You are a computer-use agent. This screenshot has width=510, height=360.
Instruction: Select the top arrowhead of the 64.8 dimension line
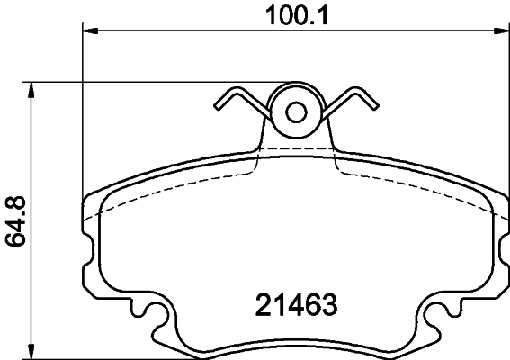click(x=32, y=88)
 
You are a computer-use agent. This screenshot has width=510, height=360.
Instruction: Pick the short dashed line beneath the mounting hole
click(x=296, y=147)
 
